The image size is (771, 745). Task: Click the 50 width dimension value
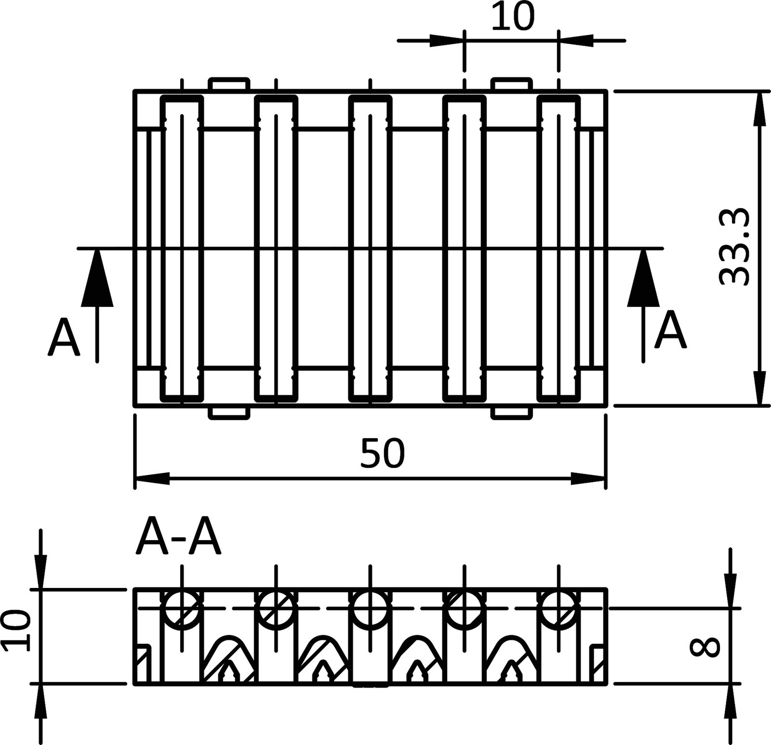[x=383, y=453]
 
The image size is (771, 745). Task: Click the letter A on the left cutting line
[x=64, y=337]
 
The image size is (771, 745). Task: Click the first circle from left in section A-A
[x=182, y=608]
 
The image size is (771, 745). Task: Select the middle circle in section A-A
[x=370, y=608]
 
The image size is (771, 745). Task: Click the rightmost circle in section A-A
[x=558, y=608]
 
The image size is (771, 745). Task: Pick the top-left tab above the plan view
[x=229, y=84]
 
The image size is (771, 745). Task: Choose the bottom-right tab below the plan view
[x=512, y=413]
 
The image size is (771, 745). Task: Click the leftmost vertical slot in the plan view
[x=182, y=248]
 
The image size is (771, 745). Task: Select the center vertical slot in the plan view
[x=370, y=248]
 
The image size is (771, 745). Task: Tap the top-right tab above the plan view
[x=512, y=84]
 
